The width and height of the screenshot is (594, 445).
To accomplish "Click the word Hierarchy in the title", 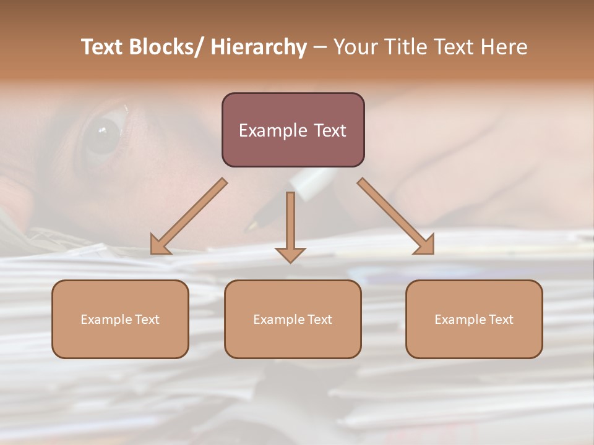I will click(259, 47).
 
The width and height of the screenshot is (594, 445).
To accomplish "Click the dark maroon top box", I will click(293, 130).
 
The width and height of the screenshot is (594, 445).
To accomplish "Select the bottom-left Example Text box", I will click(120, 319).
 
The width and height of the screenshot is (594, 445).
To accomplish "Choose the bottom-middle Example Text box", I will click(293, 319).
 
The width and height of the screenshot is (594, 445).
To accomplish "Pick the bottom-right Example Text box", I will click(474, 319).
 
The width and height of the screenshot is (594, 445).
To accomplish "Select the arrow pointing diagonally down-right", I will click(396, 216).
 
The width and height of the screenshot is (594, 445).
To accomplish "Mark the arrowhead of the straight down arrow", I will click(290, 254).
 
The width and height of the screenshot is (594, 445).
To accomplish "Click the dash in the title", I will click(320, 47).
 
